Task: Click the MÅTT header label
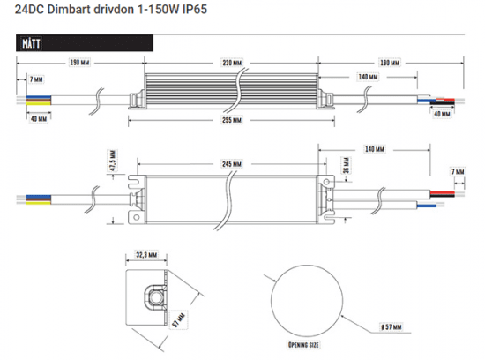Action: coord(30,42)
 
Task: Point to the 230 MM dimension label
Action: coord(232,63)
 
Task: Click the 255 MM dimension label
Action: coord(232,121)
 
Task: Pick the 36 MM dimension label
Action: coord(350,165)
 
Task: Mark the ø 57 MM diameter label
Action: coord(385,328)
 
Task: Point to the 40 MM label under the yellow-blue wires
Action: coord(38,117)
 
